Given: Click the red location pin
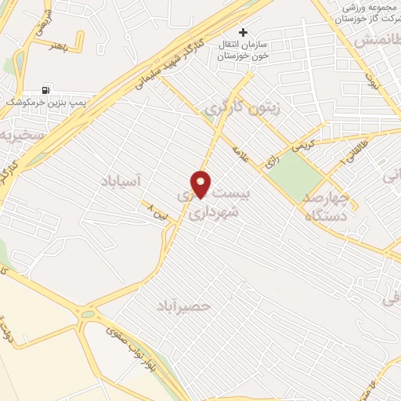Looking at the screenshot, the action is pyautogui.click(x=201, y=183).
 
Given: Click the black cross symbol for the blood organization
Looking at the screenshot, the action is pyautogui.click(x=243, y=32).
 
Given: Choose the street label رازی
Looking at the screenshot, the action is pyautogui.click(x=272, y=160).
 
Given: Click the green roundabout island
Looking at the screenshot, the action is pyautogui.click(x=88, y=314).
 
